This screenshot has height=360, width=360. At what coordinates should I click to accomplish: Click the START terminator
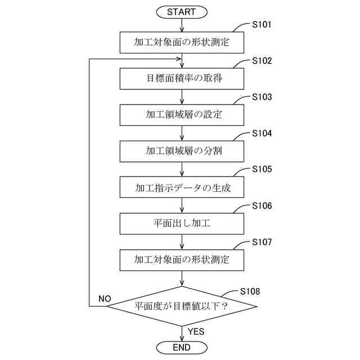point(181,12)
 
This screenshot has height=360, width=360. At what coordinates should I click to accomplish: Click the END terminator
point(181,348)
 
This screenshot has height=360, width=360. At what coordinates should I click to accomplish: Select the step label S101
point(262,25)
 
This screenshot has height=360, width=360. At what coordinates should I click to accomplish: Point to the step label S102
point(262,61)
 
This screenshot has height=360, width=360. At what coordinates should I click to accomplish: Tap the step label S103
point(262,97)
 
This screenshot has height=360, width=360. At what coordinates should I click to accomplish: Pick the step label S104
point(262,133)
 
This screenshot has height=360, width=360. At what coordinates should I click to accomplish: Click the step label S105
point(262,169)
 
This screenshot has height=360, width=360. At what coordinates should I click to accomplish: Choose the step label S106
point(262,206)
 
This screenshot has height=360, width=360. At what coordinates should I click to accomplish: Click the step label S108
point(250,291)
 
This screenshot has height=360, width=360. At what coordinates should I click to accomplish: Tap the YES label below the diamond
point(196,331)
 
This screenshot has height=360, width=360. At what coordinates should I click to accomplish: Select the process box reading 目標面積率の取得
point(181,78)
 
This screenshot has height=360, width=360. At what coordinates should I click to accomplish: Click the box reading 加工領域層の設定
point(181,115)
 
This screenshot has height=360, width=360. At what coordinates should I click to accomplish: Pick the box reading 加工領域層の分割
point(181,151)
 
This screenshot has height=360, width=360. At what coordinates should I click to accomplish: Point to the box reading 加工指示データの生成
point(181,187)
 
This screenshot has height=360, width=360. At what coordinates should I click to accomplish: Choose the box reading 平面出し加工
point(181,223)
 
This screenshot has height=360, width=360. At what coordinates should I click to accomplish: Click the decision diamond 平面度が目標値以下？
point(181,307)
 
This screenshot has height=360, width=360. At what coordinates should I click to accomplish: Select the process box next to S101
point(181,42)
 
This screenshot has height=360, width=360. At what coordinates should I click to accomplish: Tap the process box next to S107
point(181,260)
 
